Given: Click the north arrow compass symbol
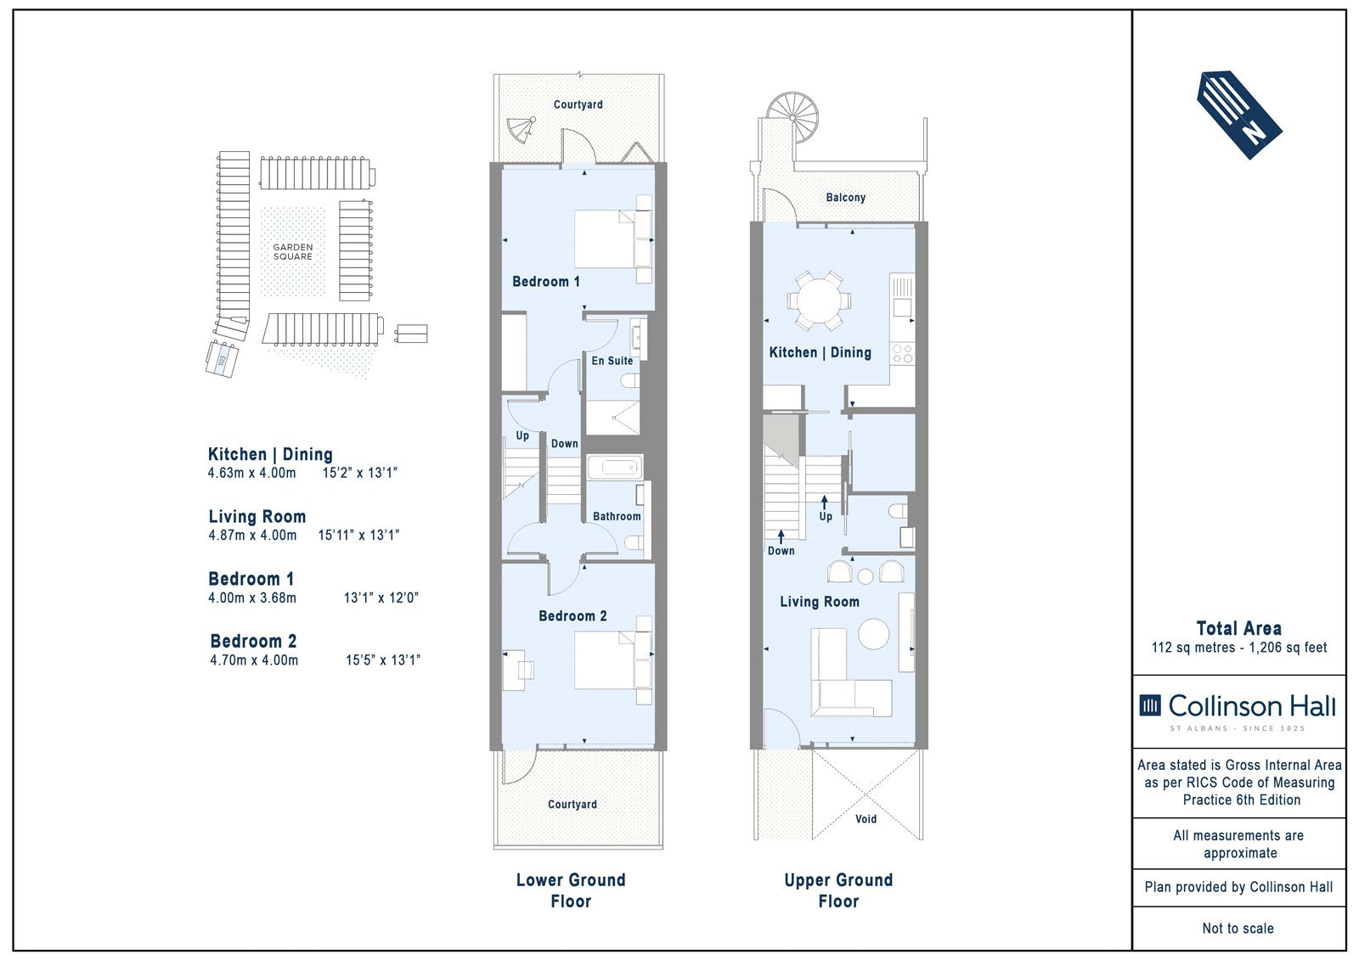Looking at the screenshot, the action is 1239,115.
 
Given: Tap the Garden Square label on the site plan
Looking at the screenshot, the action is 292,252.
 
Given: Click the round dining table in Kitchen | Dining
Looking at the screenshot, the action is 819,300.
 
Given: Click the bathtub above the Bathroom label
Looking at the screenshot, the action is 614,468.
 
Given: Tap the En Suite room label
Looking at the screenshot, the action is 612,361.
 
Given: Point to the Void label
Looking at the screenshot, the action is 866,819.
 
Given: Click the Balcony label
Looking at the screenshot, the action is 846,197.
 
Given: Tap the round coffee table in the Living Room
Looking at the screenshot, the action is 874,634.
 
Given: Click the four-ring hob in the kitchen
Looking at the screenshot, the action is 902,354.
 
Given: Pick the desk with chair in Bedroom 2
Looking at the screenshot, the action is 518,670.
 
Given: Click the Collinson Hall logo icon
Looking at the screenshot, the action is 1150,705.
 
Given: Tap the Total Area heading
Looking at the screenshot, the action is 1239,628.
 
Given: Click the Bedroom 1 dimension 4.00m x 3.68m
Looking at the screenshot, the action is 252,598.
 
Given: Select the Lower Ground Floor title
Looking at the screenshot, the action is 571,890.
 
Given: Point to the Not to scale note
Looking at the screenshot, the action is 1238,928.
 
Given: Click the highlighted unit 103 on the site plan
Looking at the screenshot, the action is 222,360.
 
